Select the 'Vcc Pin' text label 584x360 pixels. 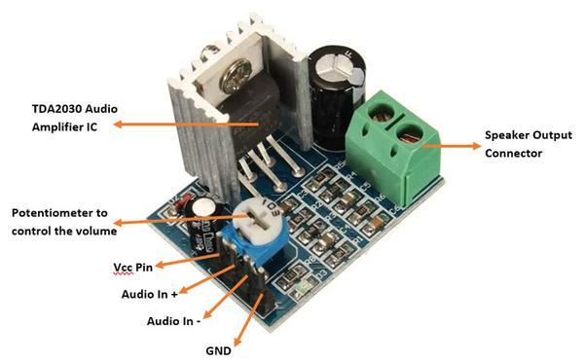click(130, 265)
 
